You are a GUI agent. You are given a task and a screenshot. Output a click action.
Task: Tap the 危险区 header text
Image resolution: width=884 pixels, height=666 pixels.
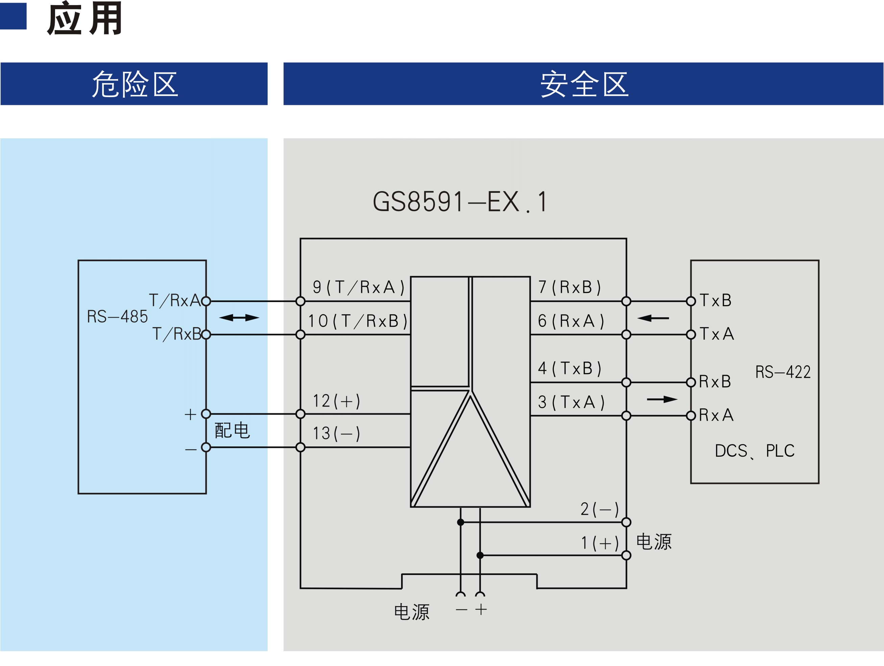[x=135, y=84]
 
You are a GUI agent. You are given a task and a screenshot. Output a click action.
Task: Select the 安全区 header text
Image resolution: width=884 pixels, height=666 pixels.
[x=584, y=84]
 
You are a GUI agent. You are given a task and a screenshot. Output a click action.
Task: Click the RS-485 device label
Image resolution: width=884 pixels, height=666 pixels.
[x=118, y=316]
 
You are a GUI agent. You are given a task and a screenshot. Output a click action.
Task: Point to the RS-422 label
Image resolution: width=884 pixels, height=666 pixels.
[x=783, y=372]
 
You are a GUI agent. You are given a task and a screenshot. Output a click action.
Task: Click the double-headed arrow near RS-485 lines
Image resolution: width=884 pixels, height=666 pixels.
[x=239, y=318]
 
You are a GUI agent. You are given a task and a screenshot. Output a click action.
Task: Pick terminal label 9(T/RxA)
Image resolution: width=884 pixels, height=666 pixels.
[x=359, y=287]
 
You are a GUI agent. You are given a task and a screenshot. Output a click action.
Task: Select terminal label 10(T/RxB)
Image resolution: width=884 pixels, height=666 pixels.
[x=358, y=321]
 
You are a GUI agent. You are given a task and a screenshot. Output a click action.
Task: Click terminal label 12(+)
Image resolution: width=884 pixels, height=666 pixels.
[x=336, y=401]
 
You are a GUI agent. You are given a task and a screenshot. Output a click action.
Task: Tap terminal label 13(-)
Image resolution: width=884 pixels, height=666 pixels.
[x=336, y=433]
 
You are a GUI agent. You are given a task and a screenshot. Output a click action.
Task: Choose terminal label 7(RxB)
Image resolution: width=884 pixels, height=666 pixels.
[x=569, y=287]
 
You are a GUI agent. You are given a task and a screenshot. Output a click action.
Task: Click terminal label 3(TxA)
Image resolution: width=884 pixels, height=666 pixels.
[x=571, y=402]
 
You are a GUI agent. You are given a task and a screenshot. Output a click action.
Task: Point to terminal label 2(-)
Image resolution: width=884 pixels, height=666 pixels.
[x=599, y=509]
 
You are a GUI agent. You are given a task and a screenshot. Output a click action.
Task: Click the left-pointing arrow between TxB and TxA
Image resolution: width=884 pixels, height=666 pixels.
[x=653, y=318]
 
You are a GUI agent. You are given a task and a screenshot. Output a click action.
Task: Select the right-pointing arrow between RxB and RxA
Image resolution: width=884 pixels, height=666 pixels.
[x=662, y=399]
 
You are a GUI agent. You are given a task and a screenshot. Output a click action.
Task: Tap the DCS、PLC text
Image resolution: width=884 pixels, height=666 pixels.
[x=755, y=451]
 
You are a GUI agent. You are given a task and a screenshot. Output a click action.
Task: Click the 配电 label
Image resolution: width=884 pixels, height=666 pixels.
[x=232, y=430]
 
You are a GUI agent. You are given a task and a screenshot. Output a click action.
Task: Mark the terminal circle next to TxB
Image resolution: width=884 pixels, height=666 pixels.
[x=691, y=301]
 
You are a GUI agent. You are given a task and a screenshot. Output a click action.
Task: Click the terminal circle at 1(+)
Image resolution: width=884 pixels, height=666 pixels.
[x=626, y=555]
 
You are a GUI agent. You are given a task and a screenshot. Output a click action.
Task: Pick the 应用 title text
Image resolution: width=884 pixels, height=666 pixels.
[x=84, y=18]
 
